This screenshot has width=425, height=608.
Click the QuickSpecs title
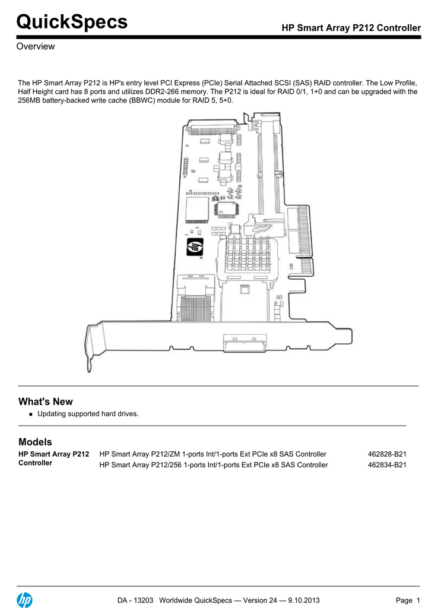[72, 22]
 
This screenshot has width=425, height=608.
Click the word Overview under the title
[36, 46]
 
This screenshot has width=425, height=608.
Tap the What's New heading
[46, 401]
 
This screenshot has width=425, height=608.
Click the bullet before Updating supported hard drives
[30, 414]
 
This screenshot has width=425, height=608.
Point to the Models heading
[36, 442]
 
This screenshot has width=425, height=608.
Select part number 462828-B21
[387, 454]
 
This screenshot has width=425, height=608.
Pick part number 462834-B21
[387, 465]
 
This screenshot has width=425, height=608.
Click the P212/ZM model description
[213, 454]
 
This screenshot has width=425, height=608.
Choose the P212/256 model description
[213, 465]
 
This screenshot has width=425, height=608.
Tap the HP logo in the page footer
[25, 600]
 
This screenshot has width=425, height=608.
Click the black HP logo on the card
[195, 247]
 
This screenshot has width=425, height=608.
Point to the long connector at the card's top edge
[211, 128]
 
